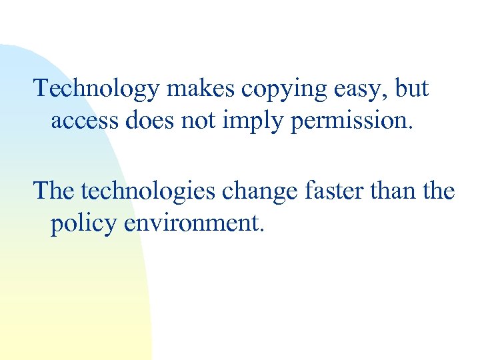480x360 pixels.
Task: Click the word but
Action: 412,89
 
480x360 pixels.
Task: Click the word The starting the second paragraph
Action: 55,191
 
